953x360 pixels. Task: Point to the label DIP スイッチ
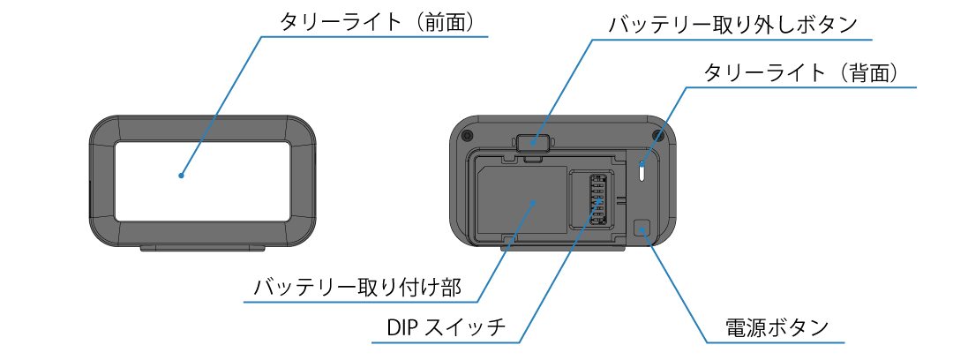[446, 328]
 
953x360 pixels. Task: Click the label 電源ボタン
[777, 328]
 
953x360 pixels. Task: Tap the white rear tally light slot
[642, 171]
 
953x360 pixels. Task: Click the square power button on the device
[642, 229]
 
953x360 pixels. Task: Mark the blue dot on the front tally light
[181, 175]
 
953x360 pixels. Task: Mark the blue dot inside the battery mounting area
[534, 202]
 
